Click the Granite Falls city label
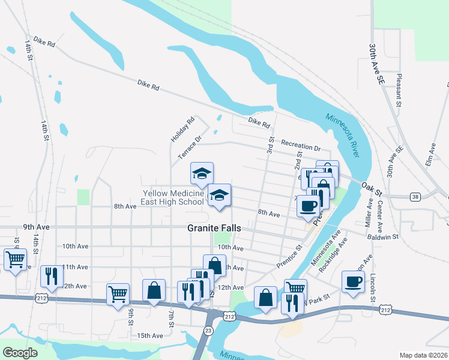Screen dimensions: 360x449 click(214, 228)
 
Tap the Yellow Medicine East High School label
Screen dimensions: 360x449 click(173, 197)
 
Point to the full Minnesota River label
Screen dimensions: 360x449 click(342, 136)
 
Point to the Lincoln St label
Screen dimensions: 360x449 click(373, 288)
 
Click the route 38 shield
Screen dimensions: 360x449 click(415, 196)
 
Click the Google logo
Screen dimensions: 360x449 click(20, 353)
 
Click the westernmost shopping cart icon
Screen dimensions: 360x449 click(15, 260)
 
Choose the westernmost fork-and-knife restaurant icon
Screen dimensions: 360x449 click(51, 276)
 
